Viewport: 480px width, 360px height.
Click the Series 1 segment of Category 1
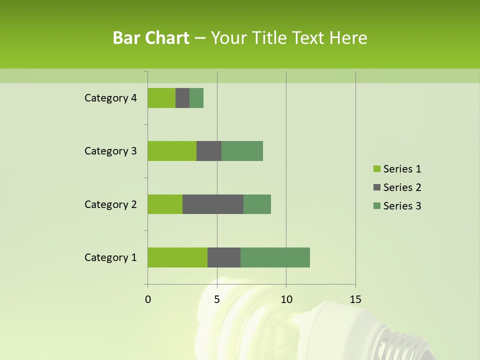(x=177, y=257)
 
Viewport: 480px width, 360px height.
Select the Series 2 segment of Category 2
(x=213, y=204)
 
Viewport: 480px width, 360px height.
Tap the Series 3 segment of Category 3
(x=242, y=151)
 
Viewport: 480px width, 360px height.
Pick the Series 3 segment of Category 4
(x=196, y=98)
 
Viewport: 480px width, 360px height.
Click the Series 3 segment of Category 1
(x=275, y=257)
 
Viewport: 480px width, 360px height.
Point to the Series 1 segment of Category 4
(x=161, y=98)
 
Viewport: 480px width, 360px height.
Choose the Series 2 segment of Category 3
(x=209, y=151)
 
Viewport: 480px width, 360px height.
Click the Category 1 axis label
(x=110, y=257)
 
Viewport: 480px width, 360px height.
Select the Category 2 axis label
(x=110, y=204)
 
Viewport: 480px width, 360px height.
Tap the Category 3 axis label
(x=110, y=151)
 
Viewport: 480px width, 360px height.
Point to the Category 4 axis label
(x=110, y=98)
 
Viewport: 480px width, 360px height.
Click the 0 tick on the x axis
(x=148, y=299)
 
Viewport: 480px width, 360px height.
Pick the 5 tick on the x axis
(x=217, y=299)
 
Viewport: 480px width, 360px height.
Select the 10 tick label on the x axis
(x=286, y=299)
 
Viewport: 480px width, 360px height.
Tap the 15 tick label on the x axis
(x=355, y=299)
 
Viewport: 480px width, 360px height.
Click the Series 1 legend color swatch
(x=376, y=169)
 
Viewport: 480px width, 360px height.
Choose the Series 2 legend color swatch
(x=376, y=187)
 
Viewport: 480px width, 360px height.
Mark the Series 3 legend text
(x=402, y=206)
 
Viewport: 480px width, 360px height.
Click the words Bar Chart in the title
(x=151, y=38)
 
